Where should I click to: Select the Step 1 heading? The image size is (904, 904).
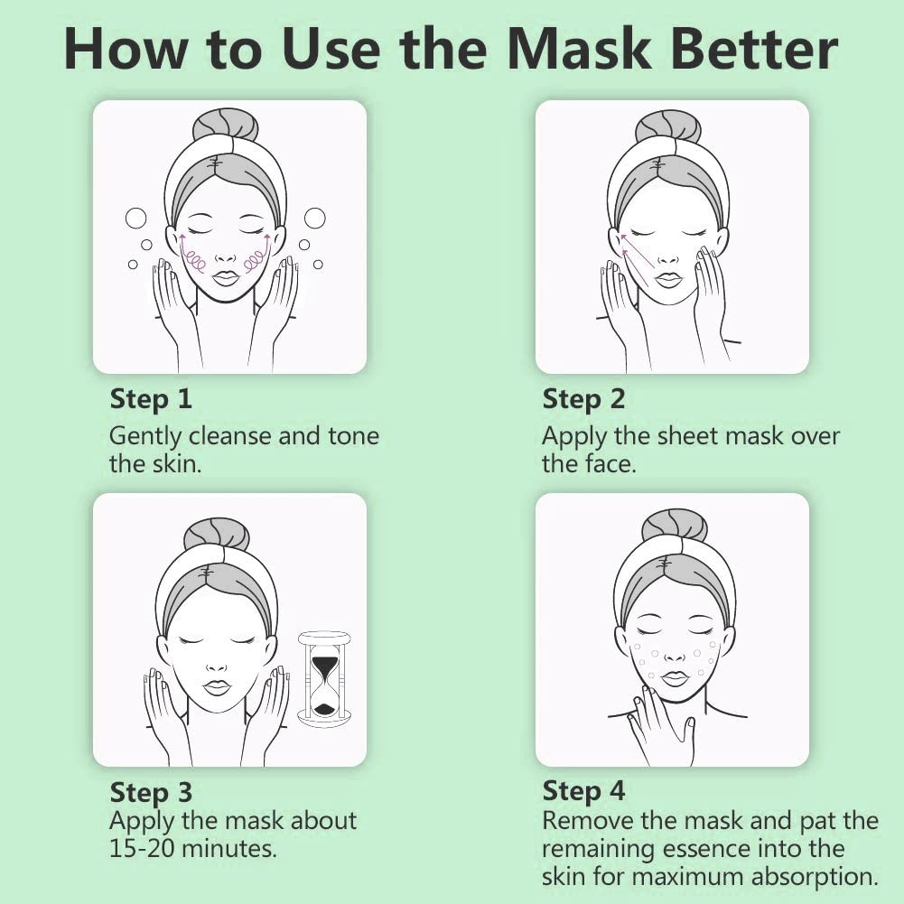[151, 399]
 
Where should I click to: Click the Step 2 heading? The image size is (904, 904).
[583, 399]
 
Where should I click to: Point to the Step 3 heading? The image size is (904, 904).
[151, 793]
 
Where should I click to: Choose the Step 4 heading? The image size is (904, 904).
[583, 791]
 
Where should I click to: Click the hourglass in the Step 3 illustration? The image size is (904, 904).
[324, 678]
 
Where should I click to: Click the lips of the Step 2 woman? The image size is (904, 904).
[668, 280]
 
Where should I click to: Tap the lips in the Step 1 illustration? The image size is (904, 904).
[225, 278]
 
